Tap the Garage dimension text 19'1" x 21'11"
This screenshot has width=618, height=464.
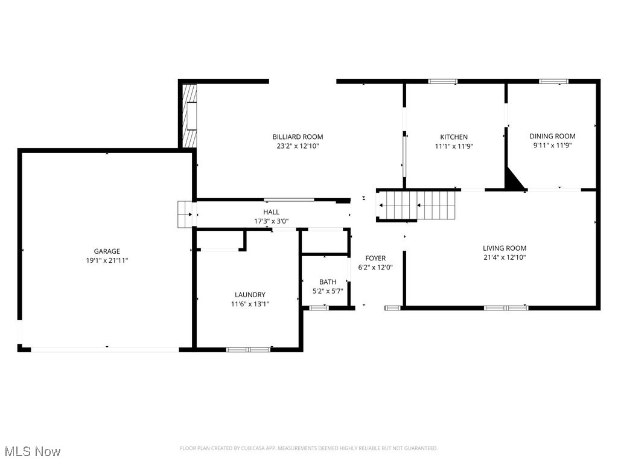click(107, 260)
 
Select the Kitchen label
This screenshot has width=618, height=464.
click(453, 137)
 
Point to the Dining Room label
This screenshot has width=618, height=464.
click(552, 137)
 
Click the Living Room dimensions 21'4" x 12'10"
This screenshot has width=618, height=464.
click(505, 257)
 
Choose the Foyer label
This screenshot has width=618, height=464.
click(375, 259)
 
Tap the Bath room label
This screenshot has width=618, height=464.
click(328, 282)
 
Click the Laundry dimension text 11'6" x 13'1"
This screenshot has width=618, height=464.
click(250, 304)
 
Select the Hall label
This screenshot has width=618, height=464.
click(271, 212)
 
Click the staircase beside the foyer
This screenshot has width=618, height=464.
click(416, 205)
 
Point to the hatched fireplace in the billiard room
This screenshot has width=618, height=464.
click(190, 115)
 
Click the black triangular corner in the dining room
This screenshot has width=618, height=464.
click(514, 181)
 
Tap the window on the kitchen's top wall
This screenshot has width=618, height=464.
click(442, 81)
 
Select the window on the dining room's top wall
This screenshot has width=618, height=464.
click(553, 81)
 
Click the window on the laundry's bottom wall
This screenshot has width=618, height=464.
click(248, 349)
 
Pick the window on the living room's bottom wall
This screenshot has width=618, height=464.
click(506, 308)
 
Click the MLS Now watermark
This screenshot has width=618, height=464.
click(32, 451)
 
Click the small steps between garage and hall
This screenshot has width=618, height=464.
click(184, 214)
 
